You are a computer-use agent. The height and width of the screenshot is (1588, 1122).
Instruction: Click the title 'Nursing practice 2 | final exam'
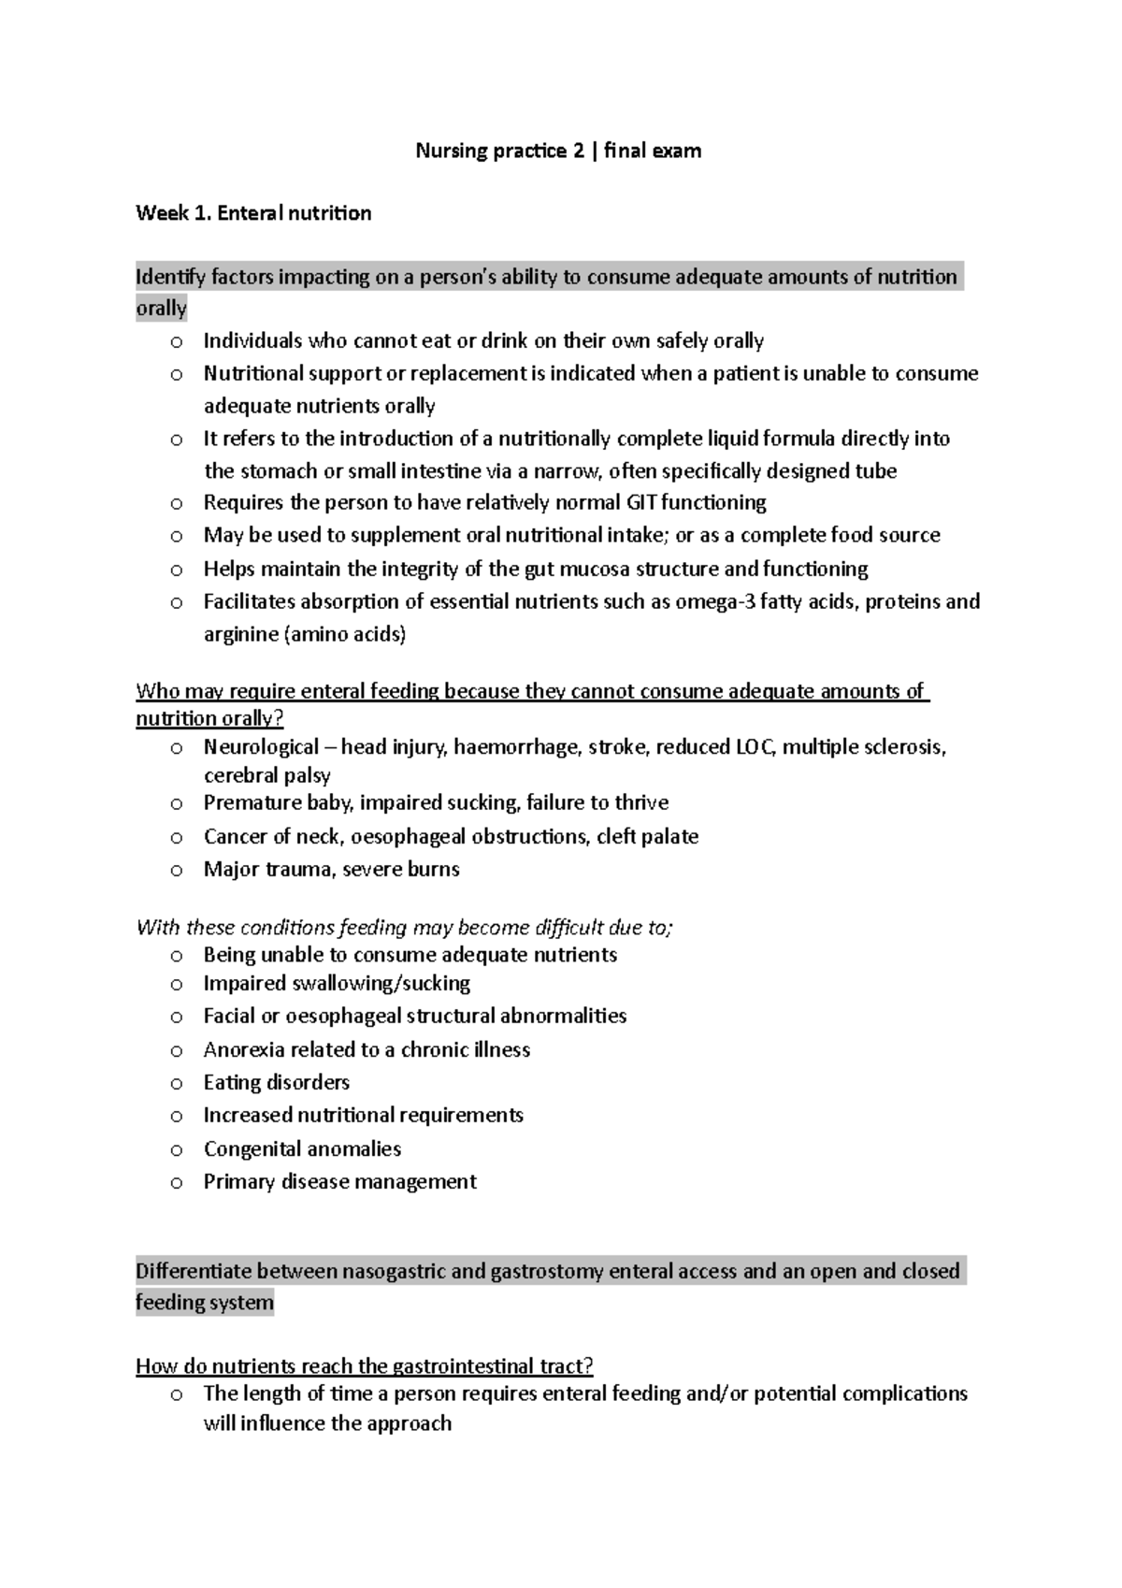[x=558, y=151]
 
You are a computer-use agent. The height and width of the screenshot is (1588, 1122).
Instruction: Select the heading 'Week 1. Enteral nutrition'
[x=253, y=213]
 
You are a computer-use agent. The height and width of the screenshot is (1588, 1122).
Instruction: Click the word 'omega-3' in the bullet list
[x=715, y=601]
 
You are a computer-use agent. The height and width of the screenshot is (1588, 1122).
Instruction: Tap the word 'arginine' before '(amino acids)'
[x=240, y=634]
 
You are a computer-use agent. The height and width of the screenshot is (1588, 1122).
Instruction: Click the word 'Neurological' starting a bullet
[x=261, y=747]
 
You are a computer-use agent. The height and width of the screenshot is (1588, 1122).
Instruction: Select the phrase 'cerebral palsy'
[x=267, y=775]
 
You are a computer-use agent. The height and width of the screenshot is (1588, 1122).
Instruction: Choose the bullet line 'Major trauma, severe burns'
[x=332, y=870]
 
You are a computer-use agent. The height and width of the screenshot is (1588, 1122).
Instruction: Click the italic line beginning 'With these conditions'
[x=404, y=928]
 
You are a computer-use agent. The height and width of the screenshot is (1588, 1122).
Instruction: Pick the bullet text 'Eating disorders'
[x=277, y=1082]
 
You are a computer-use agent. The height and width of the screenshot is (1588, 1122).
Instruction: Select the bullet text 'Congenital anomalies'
[x=302, y=1148]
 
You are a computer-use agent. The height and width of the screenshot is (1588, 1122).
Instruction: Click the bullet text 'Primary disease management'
[x=339, y=1182]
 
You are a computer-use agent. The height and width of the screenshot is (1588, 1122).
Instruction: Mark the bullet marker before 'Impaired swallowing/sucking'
[x=177, y=985]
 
